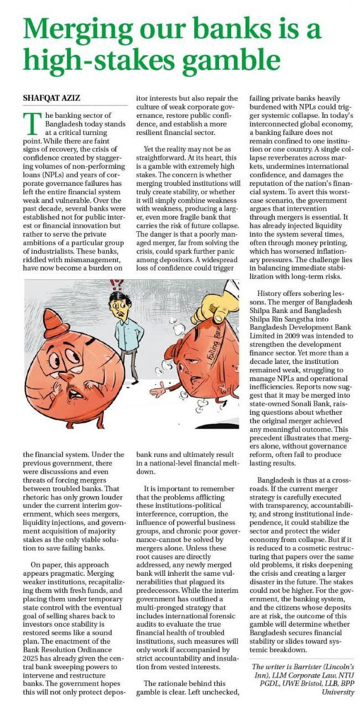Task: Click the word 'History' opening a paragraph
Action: pyautogui.click(x=273, y=293)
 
